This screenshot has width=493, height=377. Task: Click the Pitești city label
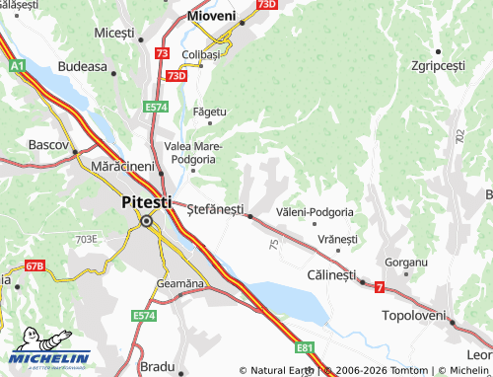tap(145, 202)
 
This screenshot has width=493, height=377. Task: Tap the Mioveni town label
tap(212, 16)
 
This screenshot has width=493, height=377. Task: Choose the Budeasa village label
tap(82, 66)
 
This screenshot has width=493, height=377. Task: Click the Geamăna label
tap(179, 283)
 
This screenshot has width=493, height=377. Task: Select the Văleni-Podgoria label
tap(316, 212)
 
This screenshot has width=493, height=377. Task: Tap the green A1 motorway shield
tap(16, 65)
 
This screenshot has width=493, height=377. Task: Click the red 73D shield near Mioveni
tap(265, 5)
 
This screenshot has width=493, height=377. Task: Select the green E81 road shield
tap(306, 347)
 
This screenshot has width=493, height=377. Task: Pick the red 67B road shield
tap(35, 265)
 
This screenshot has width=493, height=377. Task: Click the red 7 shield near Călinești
tap(379, 286)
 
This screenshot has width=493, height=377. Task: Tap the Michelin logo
tap(49, 357)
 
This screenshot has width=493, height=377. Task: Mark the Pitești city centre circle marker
tap(147, 222)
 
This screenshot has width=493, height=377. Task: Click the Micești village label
tap(113, 33)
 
